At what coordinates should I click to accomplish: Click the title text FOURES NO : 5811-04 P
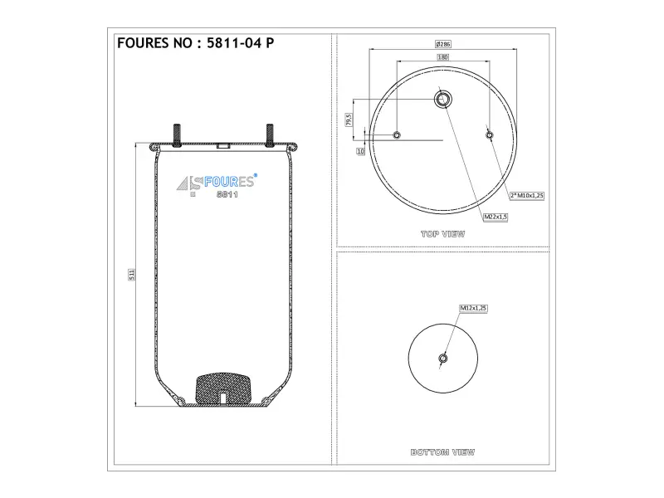195,43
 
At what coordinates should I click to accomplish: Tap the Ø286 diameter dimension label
443,44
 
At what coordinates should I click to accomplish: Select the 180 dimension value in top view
442,57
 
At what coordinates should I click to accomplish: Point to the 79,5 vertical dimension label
349,120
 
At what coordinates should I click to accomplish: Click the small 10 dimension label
360,151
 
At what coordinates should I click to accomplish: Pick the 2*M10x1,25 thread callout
527,196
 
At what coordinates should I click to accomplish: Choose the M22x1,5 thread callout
496,217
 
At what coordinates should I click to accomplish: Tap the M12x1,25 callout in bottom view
473,308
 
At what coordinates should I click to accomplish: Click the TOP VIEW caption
442,234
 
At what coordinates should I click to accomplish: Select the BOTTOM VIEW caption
442,452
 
